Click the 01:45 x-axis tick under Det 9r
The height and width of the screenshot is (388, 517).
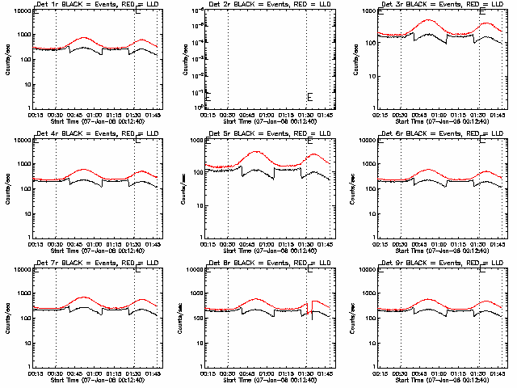pos(498,373)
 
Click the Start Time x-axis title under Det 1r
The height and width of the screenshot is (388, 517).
pos(89,120)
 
